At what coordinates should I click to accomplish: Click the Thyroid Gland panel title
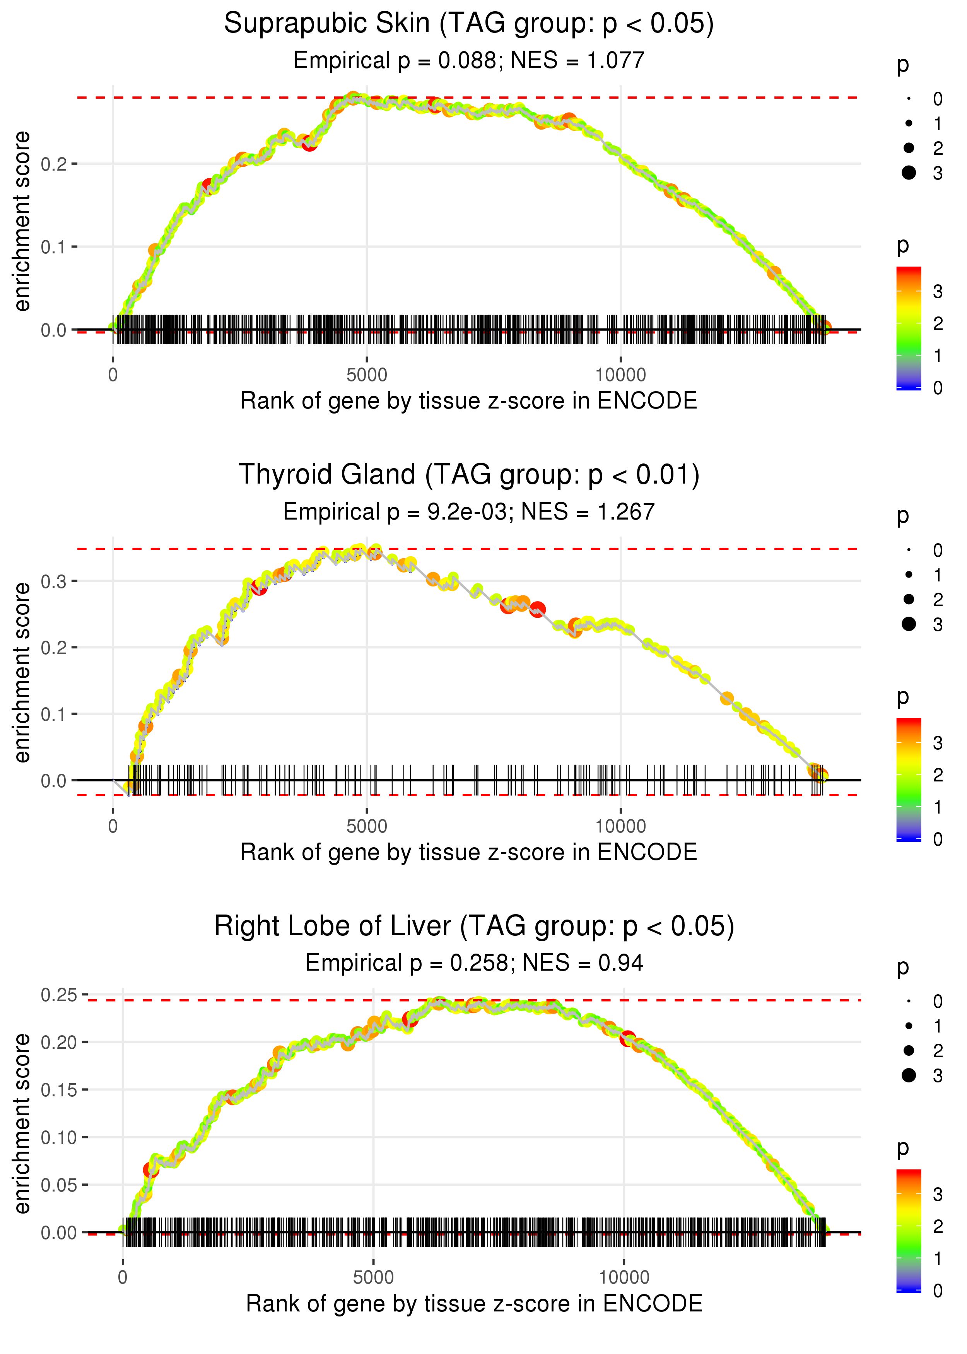[x=469, y=475]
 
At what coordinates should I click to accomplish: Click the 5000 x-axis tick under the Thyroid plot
[x=367, y=826]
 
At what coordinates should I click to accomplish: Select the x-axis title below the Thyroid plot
[x=469, y=852]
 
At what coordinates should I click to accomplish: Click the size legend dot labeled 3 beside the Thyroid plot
[x=909, y=623]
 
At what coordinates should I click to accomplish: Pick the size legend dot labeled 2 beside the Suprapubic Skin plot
[x=909, y=148]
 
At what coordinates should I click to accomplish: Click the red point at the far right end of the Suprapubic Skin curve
[x=825, y=328]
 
